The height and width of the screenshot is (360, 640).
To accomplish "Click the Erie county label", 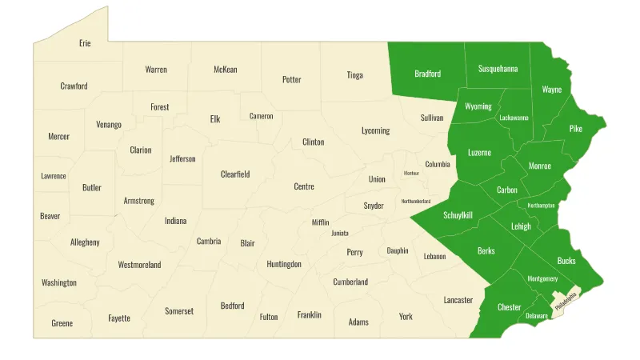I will [85, 43].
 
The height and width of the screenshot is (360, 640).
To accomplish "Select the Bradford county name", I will [428, 74].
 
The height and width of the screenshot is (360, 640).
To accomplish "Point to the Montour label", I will [411, 173].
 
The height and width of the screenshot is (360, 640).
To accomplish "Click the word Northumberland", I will [416, 201].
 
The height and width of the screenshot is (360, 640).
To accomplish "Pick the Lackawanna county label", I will [514, 118].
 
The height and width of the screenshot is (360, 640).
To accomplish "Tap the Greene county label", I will [62, 323].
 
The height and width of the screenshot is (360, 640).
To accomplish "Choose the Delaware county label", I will [537, 316].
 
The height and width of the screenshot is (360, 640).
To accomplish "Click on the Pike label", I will [576, 129].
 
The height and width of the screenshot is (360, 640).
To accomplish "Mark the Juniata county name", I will [340, 234].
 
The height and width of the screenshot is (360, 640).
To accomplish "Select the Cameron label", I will [262, 117].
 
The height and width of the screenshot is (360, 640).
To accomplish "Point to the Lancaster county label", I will [458, 300].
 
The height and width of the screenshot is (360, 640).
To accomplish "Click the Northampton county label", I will [541, 206].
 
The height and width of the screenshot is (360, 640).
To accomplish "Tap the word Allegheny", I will [85, 242].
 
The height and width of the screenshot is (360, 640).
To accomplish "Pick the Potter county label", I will [292, 80].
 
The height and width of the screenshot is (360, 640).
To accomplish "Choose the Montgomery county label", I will [542, 279].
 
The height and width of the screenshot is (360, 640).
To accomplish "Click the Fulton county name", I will [269, 317].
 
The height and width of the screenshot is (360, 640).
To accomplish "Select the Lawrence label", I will [54, 176].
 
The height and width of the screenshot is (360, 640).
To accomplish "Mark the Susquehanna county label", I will [498, 69].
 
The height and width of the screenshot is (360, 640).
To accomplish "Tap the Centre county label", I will [304, 187].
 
